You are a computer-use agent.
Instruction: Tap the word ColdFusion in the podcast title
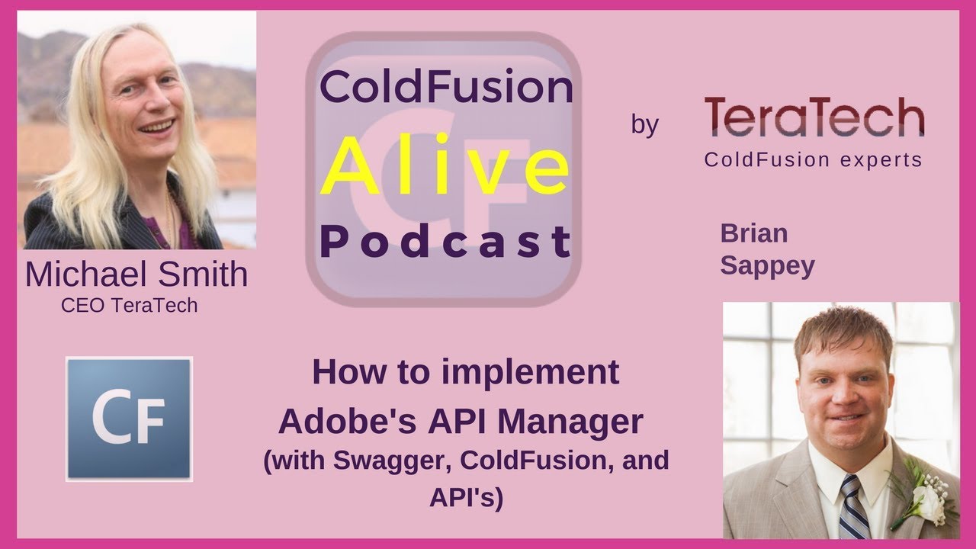445,88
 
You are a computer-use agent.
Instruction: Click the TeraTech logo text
814,119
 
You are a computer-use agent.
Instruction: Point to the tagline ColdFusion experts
813,160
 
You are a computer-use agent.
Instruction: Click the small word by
644,124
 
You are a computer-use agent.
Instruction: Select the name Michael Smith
136,275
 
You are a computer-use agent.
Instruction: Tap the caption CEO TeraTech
130,305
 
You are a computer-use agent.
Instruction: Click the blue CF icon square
129,418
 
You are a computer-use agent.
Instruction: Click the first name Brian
754,233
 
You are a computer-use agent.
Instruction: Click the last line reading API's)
466,498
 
